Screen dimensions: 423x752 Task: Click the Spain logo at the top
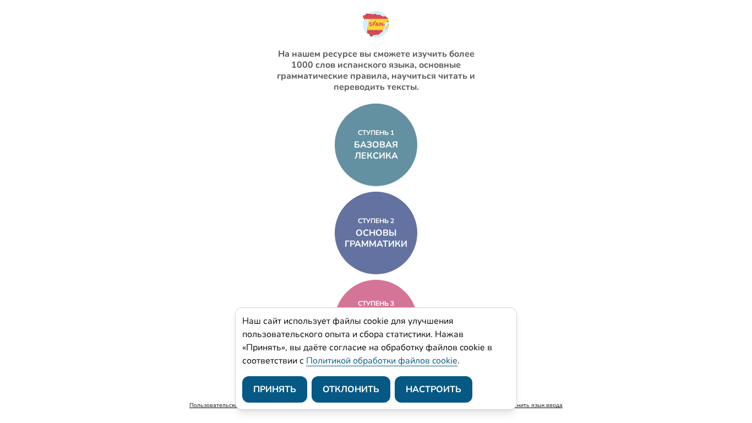tap(376, 24)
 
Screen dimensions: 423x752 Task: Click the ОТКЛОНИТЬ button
tap(351, 389)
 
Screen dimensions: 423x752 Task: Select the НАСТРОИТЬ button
tap(433, 389)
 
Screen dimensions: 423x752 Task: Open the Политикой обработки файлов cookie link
tap(382, 361)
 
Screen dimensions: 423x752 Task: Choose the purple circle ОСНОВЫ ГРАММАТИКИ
tap(376, 259)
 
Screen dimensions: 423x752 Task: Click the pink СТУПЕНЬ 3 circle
tap(376, 295)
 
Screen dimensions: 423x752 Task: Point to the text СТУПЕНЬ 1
tap(376, 133)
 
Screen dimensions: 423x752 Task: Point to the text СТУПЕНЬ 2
tap(376, 221)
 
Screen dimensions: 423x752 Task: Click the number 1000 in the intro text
tap(302, 65)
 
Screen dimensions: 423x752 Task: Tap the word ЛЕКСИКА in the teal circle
tap(376, 156)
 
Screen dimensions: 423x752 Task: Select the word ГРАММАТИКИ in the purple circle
tap(376, 244)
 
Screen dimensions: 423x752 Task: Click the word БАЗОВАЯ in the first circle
tap(376, 145)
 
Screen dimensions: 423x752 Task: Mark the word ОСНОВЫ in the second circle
tap(376, 233)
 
